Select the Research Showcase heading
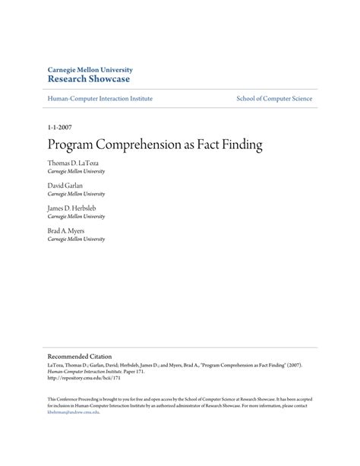[x=88, y=78]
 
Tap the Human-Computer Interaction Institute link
[x=99, y=99]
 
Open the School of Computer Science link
[x=274, y=99]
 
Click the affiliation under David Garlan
[x=76, y=194]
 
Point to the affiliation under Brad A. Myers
[x=76, y=239]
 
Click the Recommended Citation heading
[x=80, y=356]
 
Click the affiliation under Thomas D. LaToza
[x=76, y=172]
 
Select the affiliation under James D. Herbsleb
[x=76, y=217]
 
